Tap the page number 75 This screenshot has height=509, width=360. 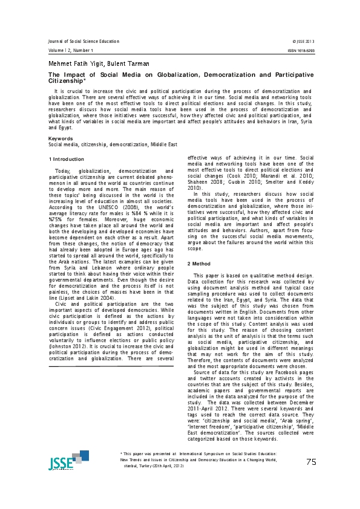[x=311, y=462]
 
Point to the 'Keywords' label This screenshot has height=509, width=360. [x=61, y=138]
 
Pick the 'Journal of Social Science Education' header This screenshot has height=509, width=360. [x=83, y=41]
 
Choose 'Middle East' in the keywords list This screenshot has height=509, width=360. [x=163, y=145]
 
